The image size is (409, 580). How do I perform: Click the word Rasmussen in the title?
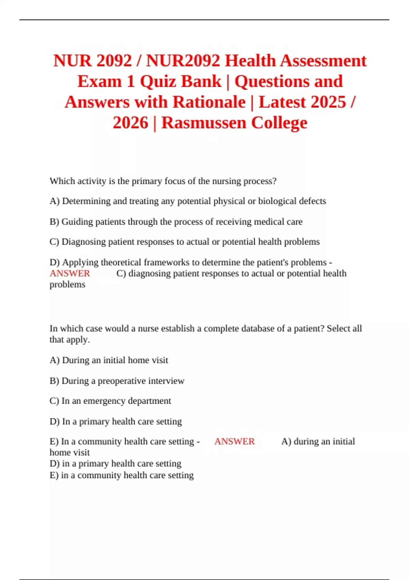(203, 123)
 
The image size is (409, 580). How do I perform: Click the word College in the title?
(279, 123)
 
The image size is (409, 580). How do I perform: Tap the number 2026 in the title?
(131, 123)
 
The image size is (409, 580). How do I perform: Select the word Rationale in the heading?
(209, 102)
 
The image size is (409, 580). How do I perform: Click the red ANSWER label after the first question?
(70, 274)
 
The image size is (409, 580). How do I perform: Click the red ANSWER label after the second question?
(234, 441)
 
